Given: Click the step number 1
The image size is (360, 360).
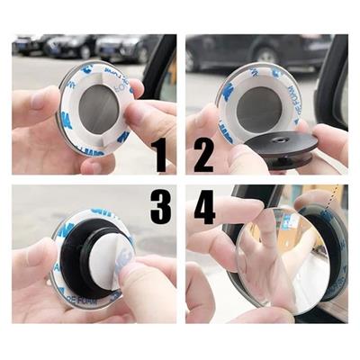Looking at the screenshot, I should [160, 156].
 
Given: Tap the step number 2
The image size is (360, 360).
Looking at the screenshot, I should [203, 156].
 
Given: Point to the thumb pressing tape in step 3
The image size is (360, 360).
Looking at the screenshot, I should [144, 288].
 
